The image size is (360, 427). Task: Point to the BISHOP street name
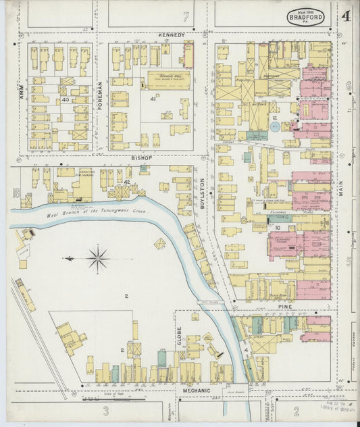point(143,158)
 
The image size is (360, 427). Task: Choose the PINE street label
point(282,306)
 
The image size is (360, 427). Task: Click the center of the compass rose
point(99,257)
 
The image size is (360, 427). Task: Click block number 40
point(65,100)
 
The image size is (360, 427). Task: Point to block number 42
point(126,182)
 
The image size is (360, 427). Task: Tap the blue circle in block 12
point(274,126)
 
